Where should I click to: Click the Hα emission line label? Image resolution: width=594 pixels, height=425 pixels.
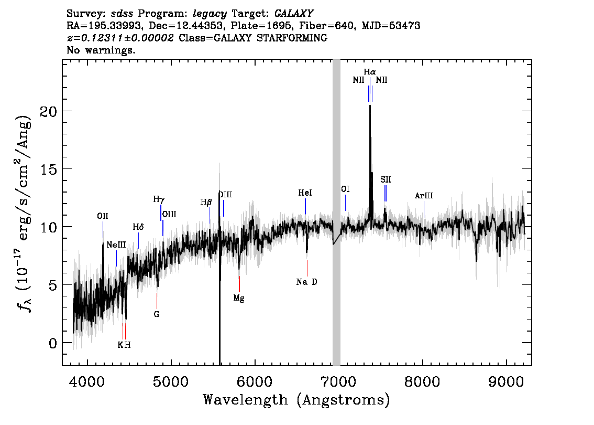tap(370, 72)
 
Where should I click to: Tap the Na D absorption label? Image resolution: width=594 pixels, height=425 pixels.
tap(307, 282)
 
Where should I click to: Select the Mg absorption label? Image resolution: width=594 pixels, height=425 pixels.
tap(239, 298)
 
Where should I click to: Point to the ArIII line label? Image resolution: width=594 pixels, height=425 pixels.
tap(424, 196)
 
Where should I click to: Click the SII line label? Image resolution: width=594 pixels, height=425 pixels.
tap(386, 179)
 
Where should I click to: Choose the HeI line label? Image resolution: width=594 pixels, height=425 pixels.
tap(305, 193)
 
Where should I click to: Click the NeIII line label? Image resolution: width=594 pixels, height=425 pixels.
tap(116, 245)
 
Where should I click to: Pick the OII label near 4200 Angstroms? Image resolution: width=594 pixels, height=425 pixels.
tap(103, 216)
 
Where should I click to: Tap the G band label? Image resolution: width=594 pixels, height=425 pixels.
tap(157, 314)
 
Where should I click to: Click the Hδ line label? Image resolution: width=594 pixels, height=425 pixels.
tap(138, 227)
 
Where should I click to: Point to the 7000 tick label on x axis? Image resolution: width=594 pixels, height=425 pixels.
tap(338, 381)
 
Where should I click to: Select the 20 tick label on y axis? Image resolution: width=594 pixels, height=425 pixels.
tap(48, 111)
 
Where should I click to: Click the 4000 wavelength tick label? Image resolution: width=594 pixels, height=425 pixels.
tap(87, 381)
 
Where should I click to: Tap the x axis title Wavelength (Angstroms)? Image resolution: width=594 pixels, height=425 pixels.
tap(296, 400)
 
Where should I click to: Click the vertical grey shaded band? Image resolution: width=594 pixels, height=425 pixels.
tap(336, 212)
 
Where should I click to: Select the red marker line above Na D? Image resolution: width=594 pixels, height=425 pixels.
tap(307, 268)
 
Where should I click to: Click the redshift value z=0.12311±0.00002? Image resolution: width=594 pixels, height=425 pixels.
tap(120, 38)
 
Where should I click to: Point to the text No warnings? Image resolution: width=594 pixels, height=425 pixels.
tap(101, 50)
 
